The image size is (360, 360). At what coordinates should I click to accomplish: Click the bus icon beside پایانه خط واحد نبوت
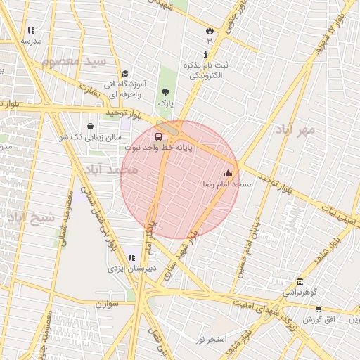(157, 136)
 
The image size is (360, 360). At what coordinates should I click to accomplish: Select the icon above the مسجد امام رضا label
(227, 173)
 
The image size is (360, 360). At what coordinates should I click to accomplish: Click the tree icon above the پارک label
(165, 92)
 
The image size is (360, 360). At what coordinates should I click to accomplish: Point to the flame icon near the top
(209, 30)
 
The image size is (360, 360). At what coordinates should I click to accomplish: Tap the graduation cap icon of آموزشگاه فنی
(125, 73)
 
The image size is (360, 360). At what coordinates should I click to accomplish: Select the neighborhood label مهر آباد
(295, 130)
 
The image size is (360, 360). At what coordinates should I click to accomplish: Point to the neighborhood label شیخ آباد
(31, 217)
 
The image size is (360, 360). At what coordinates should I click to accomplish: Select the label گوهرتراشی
(301, 291)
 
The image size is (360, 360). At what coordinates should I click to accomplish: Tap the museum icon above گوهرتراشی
(300, 281)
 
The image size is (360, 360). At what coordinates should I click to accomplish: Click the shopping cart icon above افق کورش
(319, 309)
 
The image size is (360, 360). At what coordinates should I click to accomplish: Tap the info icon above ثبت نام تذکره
(205, 55)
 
